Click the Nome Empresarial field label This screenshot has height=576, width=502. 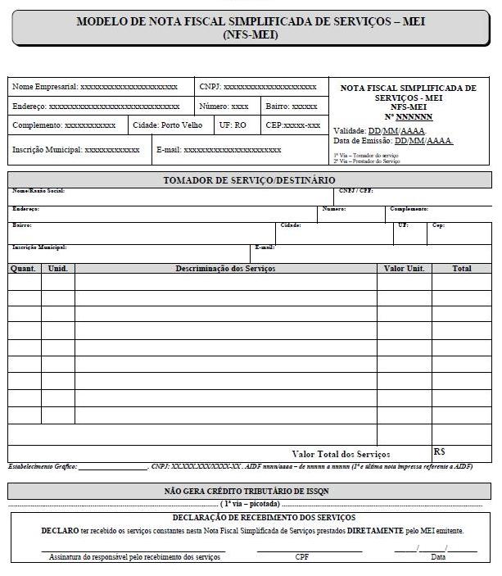pyautogui.click(x=45, y=87)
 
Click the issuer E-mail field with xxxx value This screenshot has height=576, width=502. pyautogui.click(x=218, y=150)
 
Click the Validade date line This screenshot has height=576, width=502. pyautogui.click(x=380, y=131)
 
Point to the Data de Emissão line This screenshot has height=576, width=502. pyautogui.click(x=394, y=141)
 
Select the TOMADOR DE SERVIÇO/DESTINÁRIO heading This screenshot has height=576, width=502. pyautogui.click(x=249, y=180)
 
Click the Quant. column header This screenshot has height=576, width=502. pyautogui.click(x=24, y=269)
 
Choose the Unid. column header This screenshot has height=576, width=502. pyautogui.click(x=57, y=269)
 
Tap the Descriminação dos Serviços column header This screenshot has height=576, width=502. pyautogui.click(x=225, y=269)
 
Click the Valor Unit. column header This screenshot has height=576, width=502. pyautogui.click(x=404, y=269)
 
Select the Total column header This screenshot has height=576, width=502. pyautogui.click(x=462, y=269)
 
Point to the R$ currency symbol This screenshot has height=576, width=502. pyautogui.click(x=440, y=452)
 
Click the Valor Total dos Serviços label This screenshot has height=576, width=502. pyautogui.click(x=341, y=454)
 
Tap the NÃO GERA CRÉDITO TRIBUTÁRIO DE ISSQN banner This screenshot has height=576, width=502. pyautogui.click(x=249, y=491)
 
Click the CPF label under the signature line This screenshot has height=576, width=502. pyautogui.click(x=302, y=556)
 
